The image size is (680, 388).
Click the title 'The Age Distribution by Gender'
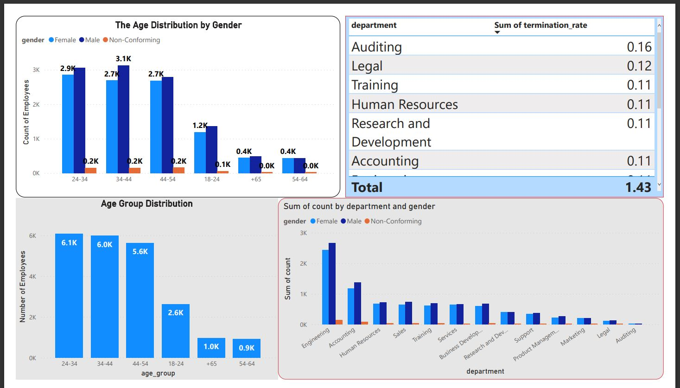pyautogui.click(x=178, y=25)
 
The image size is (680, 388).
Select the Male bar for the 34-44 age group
pyautogui.click(x=123, y=120)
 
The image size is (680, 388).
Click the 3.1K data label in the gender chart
pyautogui.click(x=123, y=58)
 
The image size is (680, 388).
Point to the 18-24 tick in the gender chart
pyautogui.click(x=212, y=179)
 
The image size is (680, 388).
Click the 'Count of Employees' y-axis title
pyautogui.click(x=26, y=112)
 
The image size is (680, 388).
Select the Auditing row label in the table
pyautogui.click(x=376, y=47)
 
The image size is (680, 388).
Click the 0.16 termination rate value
pyautogui.click(x=639, y=47)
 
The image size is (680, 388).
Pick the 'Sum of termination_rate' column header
pyautogui.click(x=540, y=25)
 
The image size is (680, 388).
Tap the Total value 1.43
pyautogui.click(x=638, y=187)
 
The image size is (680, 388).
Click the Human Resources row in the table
pyautogui.click(x=404, y=104)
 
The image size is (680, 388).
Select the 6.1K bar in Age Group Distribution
pyautogui.click(x=69, y=297)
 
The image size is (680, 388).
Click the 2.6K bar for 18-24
pyautogui.click(x=176, y=331)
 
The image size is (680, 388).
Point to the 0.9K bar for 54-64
pyautogui.click(x=247, y=348)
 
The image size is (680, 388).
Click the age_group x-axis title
pyautogui.click(x=158, y=373)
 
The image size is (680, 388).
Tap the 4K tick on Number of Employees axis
pyautogui.click(x=32, y=277)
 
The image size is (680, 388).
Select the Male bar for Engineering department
pyautogui.click(x=332, y=284)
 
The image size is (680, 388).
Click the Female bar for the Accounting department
pyautogui.click(x=351, y=306)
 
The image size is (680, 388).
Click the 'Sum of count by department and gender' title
pyautogui.click(x=359, y=206)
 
